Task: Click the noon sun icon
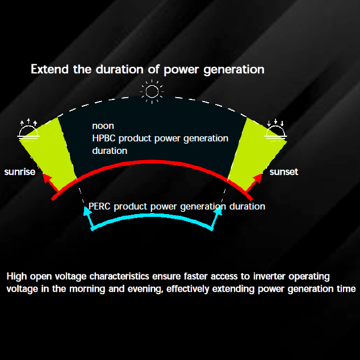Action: point(152,91)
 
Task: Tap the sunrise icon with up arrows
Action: point(28,130)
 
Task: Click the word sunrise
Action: point(20,171)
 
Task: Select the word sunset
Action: point(284,171)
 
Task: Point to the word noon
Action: point(103,126)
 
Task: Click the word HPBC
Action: point(104,138)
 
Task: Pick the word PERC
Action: point(99,206)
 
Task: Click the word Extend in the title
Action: point(49,69)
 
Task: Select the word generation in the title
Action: point(234,70)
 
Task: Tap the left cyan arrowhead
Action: point(87,211)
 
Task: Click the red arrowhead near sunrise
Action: point(48,178)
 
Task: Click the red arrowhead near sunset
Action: point(258,178)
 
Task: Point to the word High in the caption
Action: point(16,277)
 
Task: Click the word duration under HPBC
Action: point(110,151)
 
